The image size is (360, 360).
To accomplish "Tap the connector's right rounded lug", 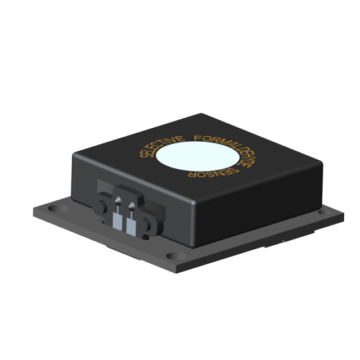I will click(x=149, y=223).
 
